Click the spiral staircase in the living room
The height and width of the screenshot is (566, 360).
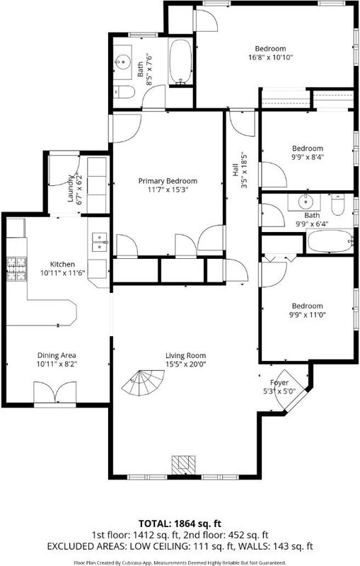pos(143,383)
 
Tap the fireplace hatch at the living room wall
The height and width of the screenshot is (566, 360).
pos(183,465)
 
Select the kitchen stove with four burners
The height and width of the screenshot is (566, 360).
pos(16,269)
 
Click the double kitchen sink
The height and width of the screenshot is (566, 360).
pos(100,242)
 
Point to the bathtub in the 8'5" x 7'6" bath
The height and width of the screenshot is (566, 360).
pos(180,62)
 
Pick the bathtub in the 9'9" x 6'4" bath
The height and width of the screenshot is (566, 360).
pos(330,241)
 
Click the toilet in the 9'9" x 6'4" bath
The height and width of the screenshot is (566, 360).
pos(337,204)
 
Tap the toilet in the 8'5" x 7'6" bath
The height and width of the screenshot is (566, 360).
pos(124,92)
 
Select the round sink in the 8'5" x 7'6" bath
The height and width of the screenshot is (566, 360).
pos(123,62)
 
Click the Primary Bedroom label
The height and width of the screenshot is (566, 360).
pos(168,181)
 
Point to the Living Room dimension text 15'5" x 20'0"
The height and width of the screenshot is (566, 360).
pos(186,364)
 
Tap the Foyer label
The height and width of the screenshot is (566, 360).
pos(279,383)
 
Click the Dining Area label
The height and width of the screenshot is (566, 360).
pos(57,356)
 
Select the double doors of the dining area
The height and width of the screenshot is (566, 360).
pos(55,393)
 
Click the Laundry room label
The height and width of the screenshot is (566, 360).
pos(70,188)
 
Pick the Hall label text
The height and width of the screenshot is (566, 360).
pos(236,170)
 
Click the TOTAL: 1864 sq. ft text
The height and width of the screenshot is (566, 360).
pos(180,524)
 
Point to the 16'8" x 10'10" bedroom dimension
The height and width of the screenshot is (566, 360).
pos(271,57)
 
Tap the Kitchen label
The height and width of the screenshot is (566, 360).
pos(62,264)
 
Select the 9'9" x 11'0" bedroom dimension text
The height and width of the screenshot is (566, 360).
pos(308,314)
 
